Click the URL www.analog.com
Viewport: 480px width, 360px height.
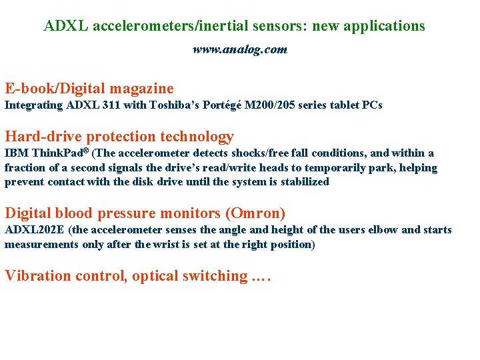pos(240,49)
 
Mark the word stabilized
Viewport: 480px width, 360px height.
pos(305,181)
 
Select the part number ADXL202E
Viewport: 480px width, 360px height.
pos(35,230)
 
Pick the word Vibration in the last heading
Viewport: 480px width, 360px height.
pos(37,276)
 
